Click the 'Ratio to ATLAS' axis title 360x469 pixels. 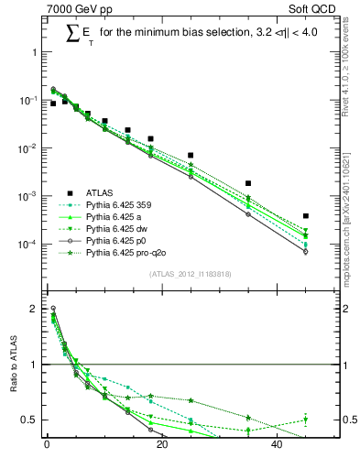click(12, 365)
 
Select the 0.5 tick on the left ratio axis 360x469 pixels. click(30, 420)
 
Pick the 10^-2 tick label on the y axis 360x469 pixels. click(27, 148)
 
